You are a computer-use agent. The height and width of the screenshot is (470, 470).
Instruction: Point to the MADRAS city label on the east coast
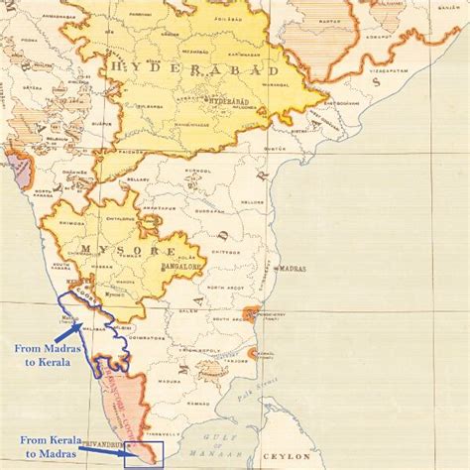[294, 269]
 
